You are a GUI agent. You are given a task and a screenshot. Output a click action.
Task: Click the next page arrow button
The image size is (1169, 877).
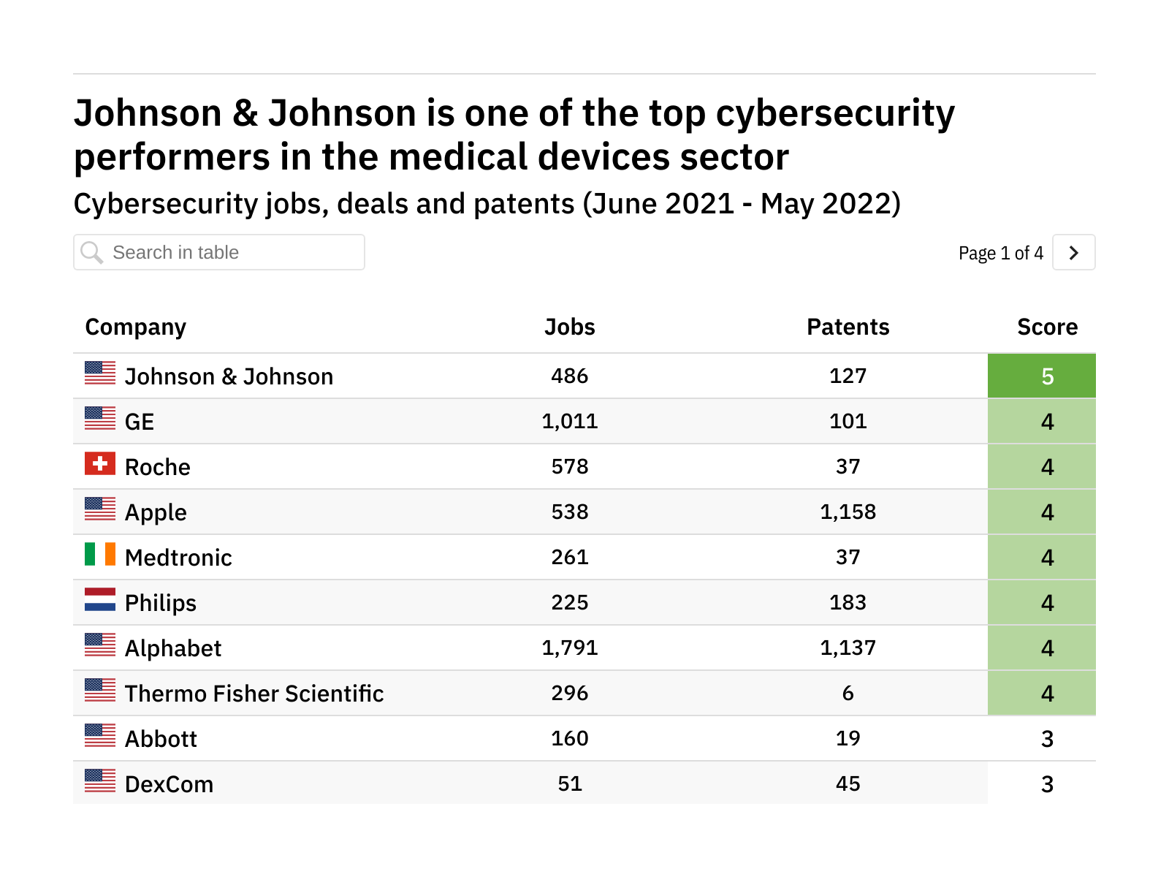(1073, 253)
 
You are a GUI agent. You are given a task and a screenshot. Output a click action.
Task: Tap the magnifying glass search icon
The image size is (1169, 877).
(92, 253)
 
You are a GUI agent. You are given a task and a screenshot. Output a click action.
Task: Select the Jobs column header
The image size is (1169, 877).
(569, 327)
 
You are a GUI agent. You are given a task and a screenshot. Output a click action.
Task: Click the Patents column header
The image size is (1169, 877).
(848, 327)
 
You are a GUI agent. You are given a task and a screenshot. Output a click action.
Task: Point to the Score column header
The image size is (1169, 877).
(1047, 327)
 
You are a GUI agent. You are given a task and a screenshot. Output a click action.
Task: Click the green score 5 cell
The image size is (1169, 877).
(1041, 376)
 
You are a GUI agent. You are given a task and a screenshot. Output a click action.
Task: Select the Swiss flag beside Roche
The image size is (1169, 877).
(100, 463)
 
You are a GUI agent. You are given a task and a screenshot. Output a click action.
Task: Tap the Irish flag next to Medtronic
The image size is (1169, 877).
(100, 554)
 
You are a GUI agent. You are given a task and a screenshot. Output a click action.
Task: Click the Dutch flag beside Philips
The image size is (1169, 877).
(100, 599)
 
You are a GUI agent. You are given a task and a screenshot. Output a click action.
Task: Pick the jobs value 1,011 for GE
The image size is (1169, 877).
(569, 422)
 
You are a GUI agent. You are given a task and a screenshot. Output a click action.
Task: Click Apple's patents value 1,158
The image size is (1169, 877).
(848, 512)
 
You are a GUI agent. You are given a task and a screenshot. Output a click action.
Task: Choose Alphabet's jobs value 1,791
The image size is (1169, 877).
(569, 648)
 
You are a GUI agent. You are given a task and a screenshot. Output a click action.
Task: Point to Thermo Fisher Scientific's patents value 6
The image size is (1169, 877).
(848, 693)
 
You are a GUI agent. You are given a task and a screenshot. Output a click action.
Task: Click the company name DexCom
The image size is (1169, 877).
(169, 784)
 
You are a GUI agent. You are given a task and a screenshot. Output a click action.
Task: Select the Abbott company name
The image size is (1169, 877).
(161, 739)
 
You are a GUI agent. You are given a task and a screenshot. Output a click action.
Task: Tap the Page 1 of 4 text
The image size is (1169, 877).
(1000, 254)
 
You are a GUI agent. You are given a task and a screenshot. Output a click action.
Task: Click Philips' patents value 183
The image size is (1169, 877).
(848, 602)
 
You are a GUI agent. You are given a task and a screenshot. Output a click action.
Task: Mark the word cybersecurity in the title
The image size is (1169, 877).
(835, 115)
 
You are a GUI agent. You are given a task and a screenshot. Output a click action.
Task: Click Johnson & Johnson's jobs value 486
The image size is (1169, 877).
(569, 376)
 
